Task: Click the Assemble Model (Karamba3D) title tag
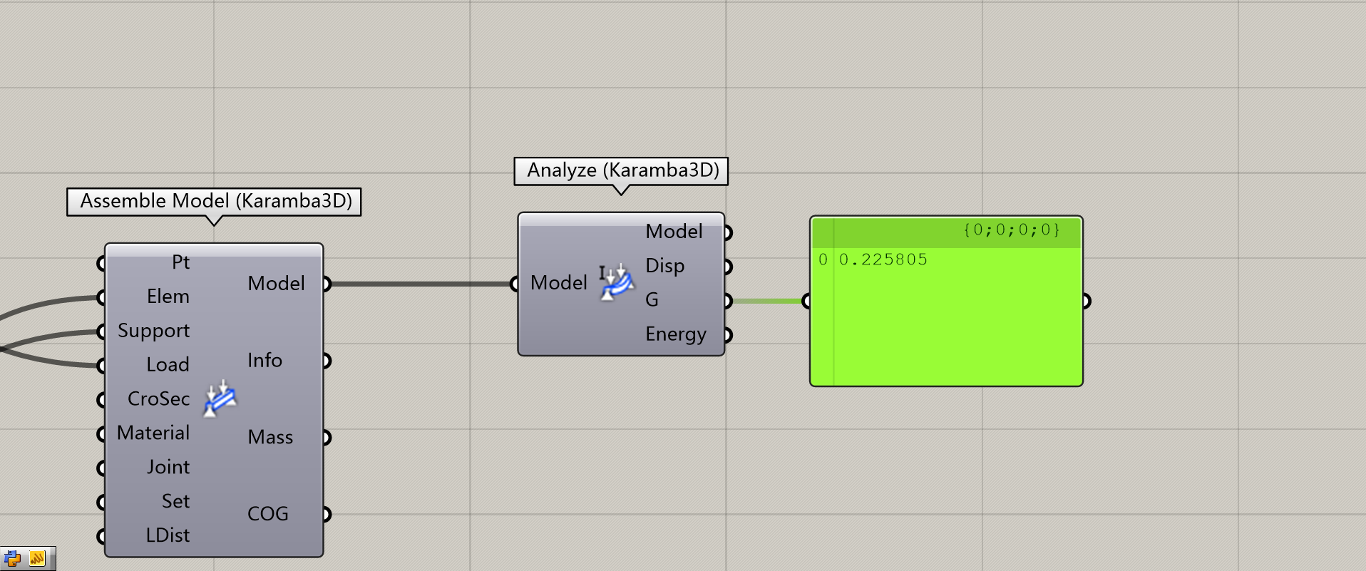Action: click(x=214, y=201)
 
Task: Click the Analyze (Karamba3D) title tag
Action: click(x=621, y=170)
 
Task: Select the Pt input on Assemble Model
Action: click(x=180, y=262)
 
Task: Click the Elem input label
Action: click(x=168, y=297)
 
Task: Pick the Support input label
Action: click(x=153, y=331)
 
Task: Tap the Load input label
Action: click(x=168, y=365)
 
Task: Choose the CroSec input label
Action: click(x=158, y=399)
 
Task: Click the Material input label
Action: click(x=153, y=433)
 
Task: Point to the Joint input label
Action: click(x=168, y=468)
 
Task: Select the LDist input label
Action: click(x=168, y=535)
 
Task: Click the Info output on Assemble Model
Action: click(x=265, y=361)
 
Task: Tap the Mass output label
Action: click(x=270, y=438)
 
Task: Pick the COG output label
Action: click(x=267, y=514)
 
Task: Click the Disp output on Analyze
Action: click(x=664, y=266)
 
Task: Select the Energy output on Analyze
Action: click(x=675, y=334)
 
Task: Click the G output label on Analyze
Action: click(x=652, y=300)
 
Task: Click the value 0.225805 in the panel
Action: click(x=883, y=259)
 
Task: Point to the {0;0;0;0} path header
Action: click(x=1011, y=230)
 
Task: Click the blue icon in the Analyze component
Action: click(x=617, y=282)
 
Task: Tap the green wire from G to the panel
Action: click(x=767, y=301)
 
